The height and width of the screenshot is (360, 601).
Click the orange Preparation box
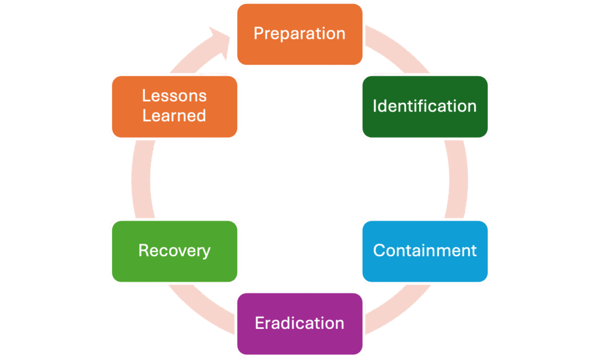[x=299, y=34]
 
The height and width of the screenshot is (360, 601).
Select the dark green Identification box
[x=424, y=107]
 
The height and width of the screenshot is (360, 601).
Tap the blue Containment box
[x=424, y=251]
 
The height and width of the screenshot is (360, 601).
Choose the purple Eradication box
[x=299, y=324]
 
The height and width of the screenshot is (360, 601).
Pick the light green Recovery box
[x=174, y=251]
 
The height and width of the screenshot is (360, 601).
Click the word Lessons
[x=174, y=96]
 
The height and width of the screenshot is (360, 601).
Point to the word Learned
[x=174, y=116]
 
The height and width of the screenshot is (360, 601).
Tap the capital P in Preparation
[x=258, y=33]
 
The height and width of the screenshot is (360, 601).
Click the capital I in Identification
[x=376, y=106]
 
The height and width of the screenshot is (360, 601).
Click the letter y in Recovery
[x=205, y=253]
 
